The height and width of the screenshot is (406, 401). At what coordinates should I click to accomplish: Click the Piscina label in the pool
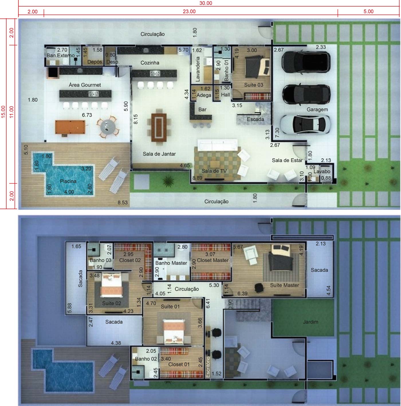[68, 181]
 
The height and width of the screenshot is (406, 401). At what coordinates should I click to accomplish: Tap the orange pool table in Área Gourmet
[70, 127]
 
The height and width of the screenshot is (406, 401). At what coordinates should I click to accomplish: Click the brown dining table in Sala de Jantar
[159, 127]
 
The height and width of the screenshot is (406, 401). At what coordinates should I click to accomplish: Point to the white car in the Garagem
[305, 124]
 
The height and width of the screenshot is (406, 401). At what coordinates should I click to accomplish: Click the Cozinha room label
[150, 63]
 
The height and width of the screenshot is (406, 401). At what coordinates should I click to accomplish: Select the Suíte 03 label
[253, 85]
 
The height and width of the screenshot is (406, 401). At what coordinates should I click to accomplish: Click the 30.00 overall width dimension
[206, 3]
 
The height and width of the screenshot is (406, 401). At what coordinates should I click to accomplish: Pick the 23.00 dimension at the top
[189, 11]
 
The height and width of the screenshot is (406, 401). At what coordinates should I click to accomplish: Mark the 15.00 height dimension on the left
[3, 112]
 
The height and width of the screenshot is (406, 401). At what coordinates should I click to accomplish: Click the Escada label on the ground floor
[255, 119]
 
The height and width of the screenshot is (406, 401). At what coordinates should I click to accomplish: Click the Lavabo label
[322, 172]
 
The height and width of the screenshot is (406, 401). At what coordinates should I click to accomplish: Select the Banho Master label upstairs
[171, 263]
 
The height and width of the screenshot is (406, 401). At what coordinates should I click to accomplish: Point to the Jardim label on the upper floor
[310, 322]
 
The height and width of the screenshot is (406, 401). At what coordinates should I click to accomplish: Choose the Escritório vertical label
[208, 367]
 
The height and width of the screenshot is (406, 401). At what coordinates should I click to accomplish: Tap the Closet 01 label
[179, 364]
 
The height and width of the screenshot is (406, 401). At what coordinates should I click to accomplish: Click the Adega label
[204, 95]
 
